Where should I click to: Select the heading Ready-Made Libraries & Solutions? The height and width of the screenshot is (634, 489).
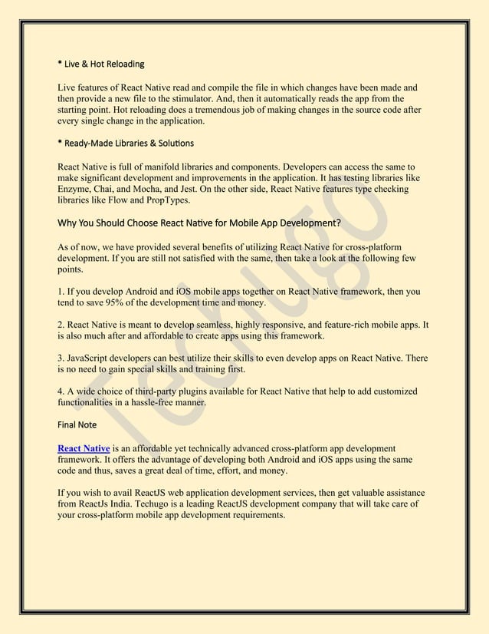pos(126,143)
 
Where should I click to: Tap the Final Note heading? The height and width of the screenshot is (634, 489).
pos(77,424)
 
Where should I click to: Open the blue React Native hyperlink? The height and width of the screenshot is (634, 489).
pos(84,448)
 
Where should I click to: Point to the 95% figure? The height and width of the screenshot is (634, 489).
pos(124,303)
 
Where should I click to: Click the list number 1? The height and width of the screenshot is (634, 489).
pos(61,292)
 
